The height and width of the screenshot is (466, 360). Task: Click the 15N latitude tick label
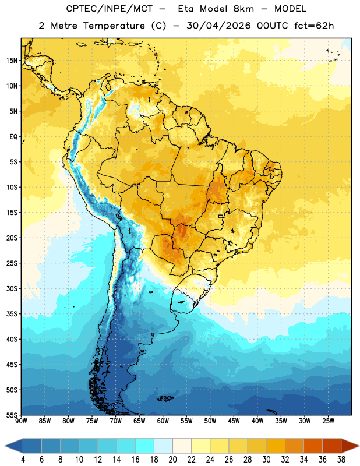[12, 61]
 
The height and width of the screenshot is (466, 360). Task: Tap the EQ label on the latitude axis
[13, 137]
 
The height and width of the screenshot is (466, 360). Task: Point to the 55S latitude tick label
[12, 415]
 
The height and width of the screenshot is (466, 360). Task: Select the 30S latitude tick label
[12, 288]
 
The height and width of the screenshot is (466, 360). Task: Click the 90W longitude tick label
[21, 421]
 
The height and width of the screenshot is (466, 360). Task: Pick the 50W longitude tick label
[210, 421]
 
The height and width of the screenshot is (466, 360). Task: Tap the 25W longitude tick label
[328, 421]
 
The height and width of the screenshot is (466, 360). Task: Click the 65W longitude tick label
[139, 421]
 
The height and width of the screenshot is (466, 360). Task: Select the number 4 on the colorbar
[23, 460]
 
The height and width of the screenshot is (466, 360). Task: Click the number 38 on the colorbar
[341, 460]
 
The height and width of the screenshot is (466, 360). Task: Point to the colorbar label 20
[172, 460]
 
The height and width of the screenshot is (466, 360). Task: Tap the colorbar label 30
[266, 460]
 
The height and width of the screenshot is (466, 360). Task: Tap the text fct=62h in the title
[314, 26]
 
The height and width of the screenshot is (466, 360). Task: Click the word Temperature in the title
[114, 26]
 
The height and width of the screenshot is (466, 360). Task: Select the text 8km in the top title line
[243, 9]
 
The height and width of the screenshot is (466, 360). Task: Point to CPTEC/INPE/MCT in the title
[109, 9]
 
